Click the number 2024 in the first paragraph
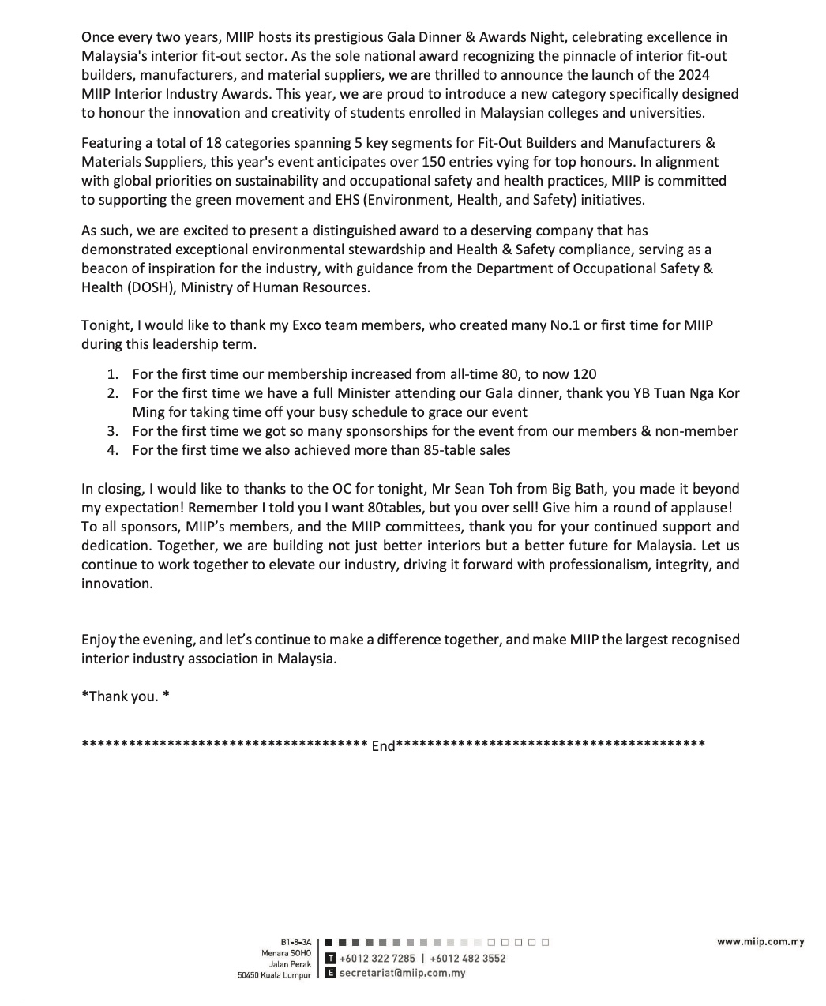click(x=694, y=75)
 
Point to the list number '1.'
click(x=113, y=374)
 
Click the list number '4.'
click(x=113, y=450)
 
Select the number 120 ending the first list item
click(x=585, y=374)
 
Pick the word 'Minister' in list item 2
click(x=364, y=393)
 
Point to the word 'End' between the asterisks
click(x=383, y=746)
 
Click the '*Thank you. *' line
click(x=126, y=696)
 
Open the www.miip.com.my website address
click(x=760, y=941)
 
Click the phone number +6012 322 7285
click(x=377, y=959)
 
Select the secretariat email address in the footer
click(x=402, y=974)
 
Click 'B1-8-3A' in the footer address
click(x=296, y=943)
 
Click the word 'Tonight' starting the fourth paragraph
click(x=106, y=325)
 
